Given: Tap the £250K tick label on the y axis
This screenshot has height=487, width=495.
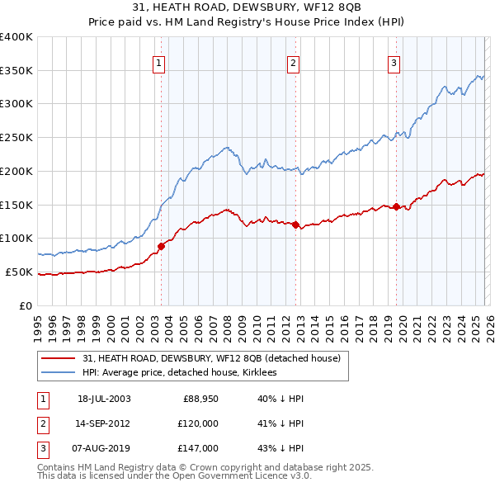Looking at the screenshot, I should point(16,138).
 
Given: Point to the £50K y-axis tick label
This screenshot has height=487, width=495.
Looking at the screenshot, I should point(19,272).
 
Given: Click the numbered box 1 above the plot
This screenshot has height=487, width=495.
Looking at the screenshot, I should point(158,62).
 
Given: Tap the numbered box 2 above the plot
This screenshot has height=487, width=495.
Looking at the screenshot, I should point(293,62).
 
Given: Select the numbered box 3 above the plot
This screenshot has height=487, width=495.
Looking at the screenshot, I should point(394,62).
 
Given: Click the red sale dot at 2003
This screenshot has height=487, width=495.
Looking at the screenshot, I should point(162,245).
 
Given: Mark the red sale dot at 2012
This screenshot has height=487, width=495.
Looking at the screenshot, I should point(295,224).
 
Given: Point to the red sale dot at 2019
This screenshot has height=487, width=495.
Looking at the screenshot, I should point(397,206).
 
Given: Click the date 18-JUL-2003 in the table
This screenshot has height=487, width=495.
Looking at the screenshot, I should point(104,399).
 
